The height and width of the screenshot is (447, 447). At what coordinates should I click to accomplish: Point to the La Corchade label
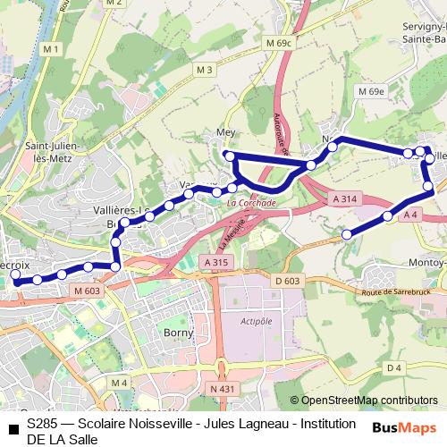pyautogui.click(x=251, y=203)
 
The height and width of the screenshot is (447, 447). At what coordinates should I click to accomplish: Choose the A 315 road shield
pyautogui.click(x=216, y=262)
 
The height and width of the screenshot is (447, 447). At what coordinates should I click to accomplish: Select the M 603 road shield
pyautogui.click(x=87, y=291)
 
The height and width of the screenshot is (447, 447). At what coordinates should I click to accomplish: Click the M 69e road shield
pyautogui.click(x=370, y=91)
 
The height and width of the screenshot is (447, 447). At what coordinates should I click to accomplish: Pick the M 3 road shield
pyautogui.click(x=205, y=70)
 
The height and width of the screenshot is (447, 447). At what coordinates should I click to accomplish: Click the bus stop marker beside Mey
pyautogui.click(x=230, y=156)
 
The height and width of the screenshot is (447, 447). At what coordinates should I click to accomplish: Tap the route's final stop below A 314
pyautogui.click(x=347, y=234)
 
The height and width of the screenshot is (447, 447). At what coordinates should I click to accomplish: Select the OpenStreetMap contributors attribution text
pyautogui.click(x=368, y=401)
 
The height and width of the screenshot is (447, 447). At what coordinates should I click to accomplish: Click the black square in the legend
pyautogui.click(x=13, y=426)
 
